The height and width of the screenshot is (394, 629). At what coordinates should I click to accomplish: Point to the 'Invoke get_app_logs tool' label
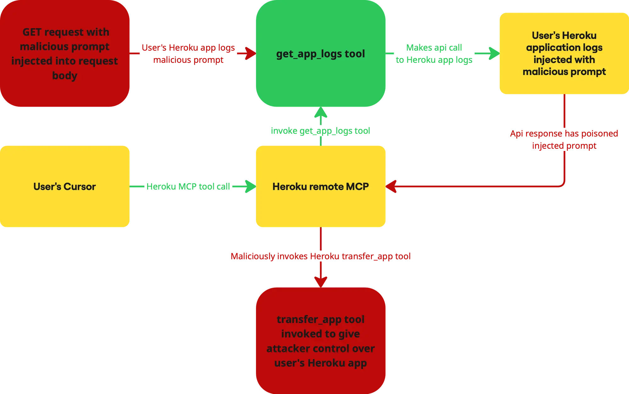[x=320, y=131]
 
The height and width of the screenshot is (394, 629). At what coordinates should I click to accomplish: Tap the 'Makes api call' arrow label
[x=434, y=48]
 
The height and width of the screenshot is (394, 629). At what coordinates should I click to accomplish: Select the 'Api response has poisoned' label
[x=564, y=134]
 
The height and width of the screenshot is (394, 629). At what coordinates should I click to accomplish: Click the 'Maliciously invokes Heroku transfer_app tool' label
[x=320, y=256]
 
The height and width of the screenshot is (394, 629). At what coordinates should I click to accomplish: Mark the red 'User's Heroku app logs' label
[x=188, y=48]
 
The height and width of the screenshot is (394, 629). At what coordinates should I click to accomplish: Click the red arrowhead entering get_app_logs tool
[x=250, y=53]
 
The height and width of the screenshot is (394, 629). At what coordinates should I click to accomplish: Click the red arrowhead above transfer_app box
[x=320, y=280]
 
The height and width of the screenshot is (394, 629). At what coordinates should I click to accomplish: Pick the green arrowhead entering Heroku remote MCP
[x=250, y=186]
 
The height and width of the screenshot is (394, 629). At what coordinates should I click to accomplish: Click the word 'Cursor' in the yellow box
[x=80, y=186]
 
